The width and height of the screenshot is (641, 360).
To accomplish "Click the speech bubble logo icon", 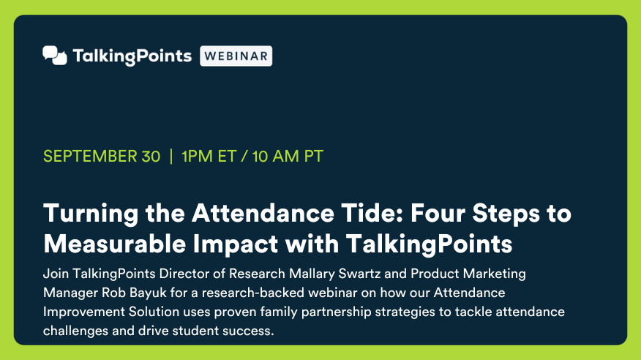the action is coord(55,56).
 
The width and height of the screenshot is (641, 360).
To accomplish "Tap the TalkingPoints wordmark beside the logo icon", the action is coord(132,56).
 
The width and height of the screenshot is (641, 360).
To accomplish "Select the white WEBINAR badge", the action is coord(236,56).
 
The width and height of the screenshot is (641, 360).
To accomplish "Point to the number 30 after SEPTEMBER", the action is coord(151,157).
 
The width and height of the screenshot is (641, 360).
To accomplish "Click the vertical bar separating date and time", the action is coord(171,157).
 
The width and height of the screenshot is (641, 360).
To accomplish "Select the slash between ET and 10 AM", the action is coord(244,157).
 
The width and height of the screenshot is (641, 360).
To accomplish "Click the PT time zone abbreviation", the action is coord(314,157).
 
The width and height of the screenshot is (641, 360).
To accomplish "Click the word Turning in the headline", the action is coord(91,214).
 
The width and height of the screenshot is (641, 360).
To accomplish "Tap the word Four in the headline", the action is coord(438,214).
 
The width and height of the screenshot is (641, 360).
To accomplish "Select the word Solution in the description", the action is coord(154,312).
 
